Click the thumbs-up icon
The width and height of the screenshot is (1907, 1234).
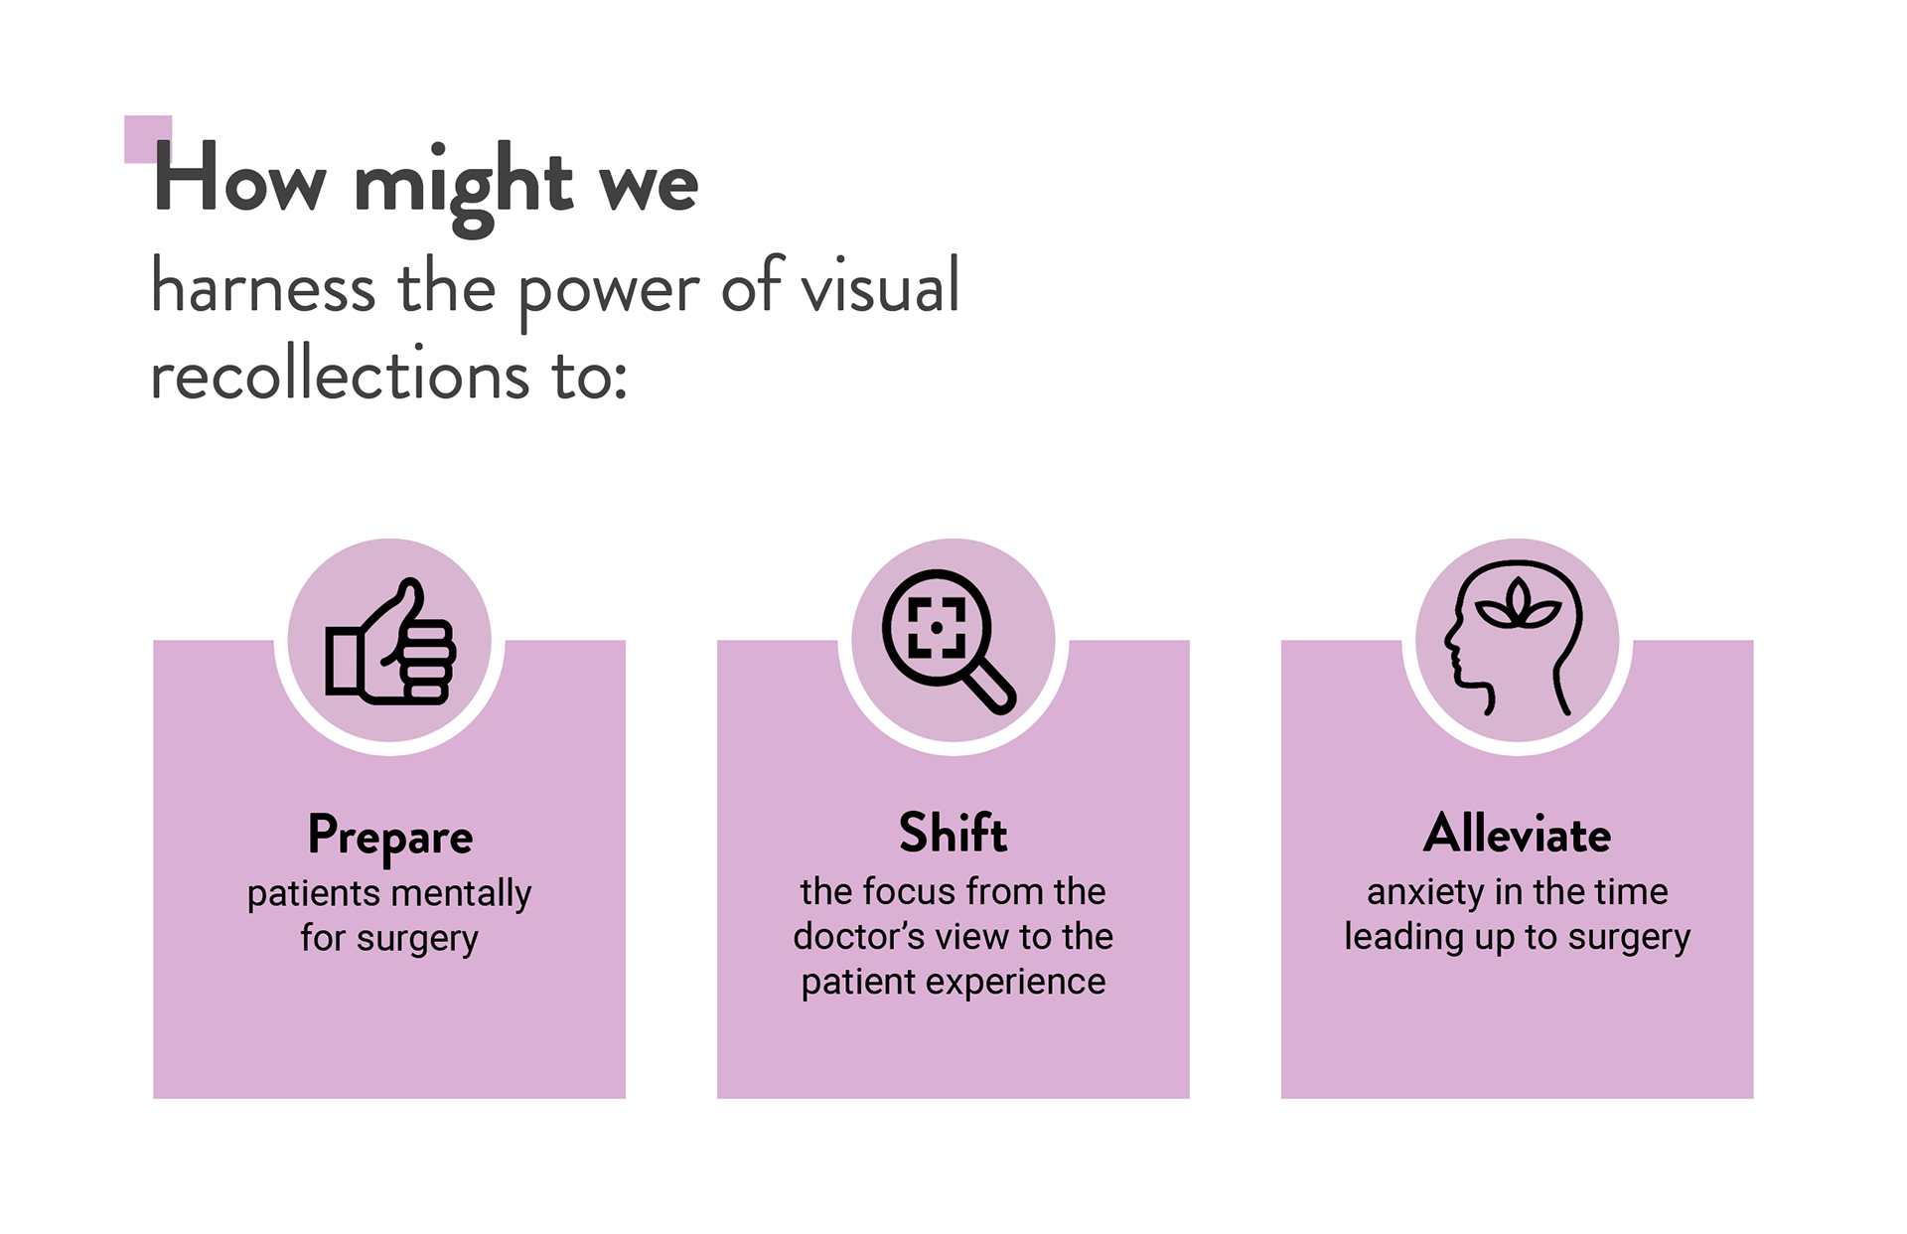click(x=389, y=643)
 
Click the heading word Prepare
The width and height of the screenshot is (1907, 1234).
click(x=389, y=836)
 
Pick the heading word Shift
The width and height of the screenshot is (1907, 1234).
click(x=953, y=833)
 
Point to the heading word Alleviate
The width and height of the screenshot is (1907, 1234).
click(x=1517, y=834)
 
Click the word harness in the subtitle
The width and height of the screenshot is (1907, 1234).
click(x=263, y=288)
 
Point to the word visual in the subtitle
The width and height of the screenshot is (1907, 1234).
click(x=880, y=286)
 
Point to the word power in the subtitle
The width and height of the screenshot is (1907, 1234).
click(x=609, y=290)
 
